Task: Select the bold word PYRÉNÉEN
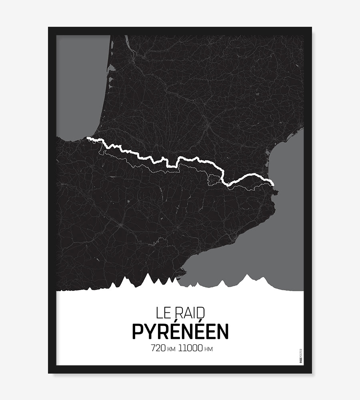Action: coord(180,331)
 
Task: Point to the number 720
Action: coord(158,348)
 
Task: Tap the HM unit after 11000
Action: coord(208,349)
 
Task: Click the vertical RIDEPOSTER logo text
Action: coord(301,356)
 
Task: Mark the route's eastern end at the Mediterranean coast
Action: coord(273,184)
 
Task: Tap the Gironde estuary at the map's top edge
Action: coord(126,40)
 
